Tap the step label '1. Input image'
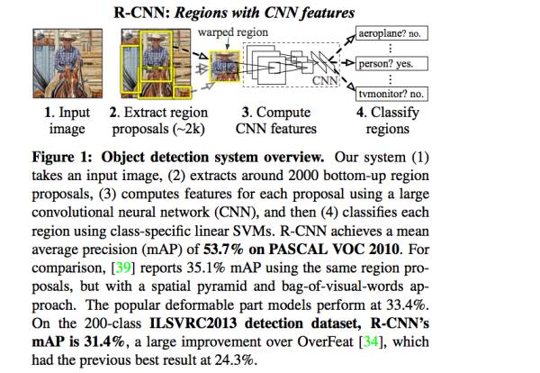click(61, 121)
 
